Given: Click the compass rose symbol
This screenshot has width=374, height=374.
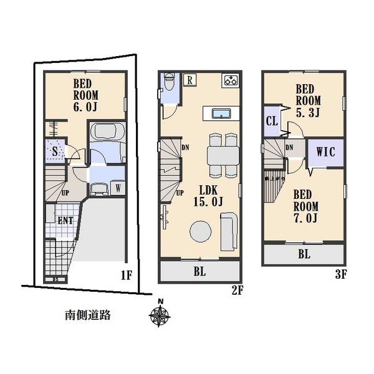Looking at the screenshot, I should pyautogui.click(x=160, y=315).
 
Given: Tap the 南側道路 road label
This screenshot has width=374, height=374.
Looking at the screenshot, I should pyautogui.click(x=88, y=315).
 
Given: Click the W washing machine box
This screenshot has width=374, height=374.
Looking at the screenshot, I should pyautogui.click(x=118, y=188).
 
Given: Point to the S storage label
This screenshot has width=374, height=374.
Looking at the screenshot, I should pyautogui.click(x=55, y=151).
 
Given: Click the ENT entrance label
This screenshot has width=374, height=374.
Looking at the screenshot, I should pyautogui.click(x=64, y=220).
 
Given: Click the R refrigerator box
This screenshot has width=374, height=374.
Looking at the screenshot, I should pyautogui.click(x=189, y=79).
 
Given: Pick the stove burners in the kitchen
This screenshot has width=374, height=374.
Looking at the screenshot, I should pyautogui.click(x=231, y=80).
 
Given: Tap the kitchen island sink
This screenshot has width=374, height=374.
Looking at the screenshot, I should pyautogui.click(x=220, y=113).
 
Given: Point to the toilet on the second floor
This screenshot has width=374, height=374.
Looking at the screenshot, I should pyautogui.click(x=168, y=87).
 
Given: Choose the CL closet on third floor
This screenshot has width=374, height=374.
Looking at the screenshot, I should pyautogui.click(x=272, y=121).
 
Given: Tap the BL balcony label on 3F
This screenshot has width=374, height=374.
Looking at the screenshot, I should pyautogui.click(x=304, y=254).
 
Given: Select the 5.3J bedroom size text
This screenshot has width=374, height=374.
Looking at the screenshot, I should pyautogui.click(x=309, y=112).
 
